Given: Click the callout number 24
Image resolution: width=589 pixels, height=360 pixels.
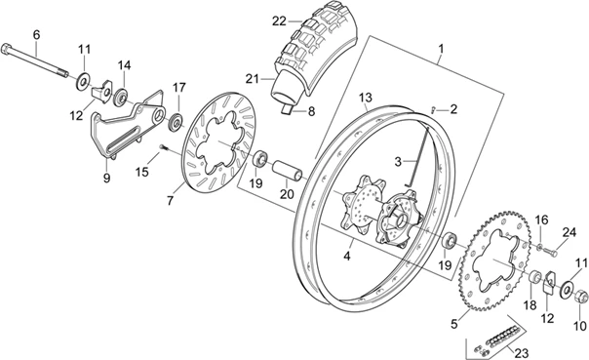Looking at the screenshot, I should pyautogui.click(x=569, y=231).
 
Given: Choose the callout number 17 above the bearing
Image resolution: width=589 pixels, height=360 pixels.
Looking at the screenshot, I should pyautogui.click(x=178, y=88).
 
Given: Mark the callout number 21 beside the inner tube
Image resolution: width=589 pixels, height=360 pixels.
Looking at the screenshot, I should pyautogui.click(x=253, y=79).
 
